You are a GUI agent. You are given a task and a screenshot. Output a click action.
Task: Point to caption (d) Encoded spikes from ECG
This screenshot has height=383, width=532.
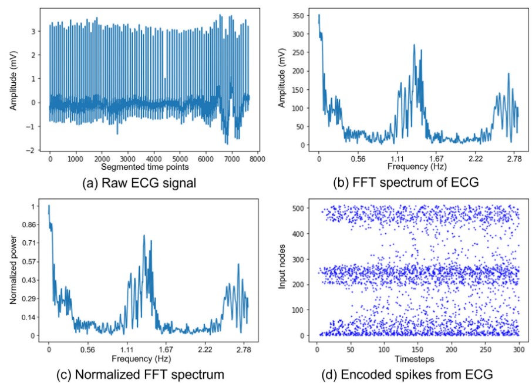(x=410, y=374)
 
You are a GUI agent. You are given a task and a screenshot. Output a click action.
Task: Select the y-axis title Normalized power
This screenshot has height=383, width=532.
(x=13, y=271)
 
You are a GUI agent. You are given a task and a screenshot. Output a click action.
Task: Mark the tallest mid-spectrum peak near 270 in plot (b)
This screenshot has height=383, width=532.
(x=414, y=45)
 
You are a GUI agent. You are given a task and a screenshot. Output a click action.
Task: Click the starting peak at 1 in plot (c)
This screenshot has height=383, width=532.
(x=49, y=206)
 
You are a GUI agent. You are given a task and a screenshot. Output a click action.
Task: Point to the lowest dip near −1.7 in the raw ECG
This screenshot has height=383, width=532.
(x=227, y=143)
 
